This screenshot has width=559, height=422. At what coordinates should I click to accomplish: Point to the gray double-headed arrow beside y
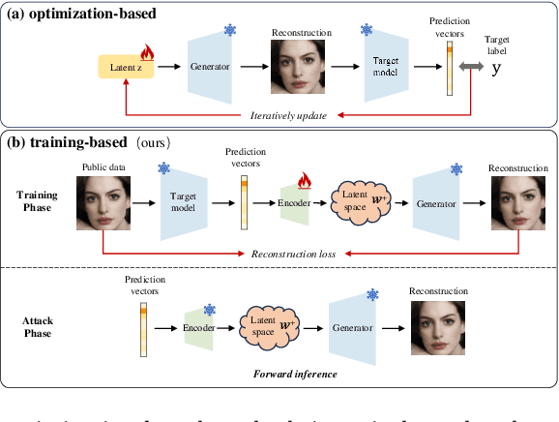tap(469, 66)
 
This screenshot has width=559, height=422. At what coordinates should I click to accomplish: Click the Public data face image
tap(102, 206)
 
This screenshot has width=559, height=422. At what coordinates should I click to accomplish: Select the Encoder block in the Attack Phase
tap(198, 328)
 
